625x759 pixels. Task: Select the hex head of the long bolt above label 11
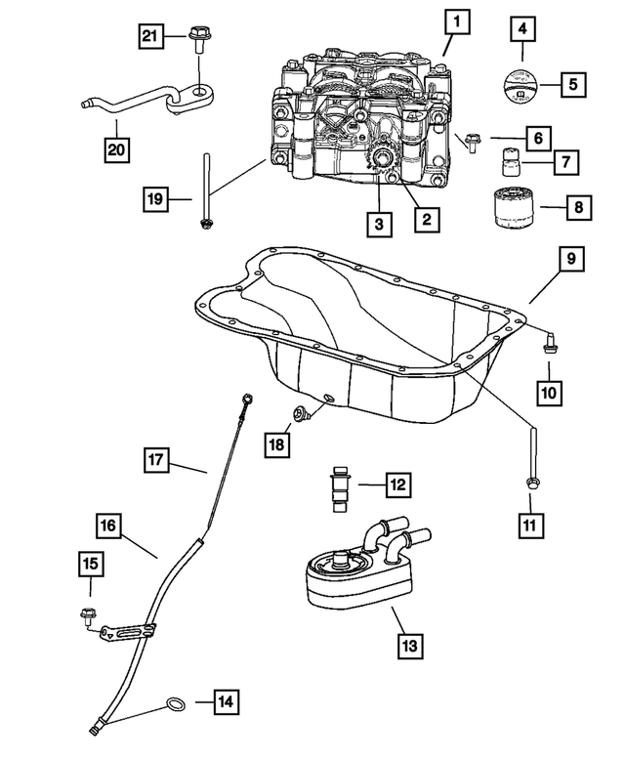533,482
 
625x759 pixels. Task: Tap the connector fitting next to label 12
340,485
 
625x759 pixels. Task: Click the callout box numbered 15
91,565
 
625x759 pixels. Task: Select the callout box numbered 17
157,457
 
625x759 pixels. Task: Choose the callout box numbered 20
118,149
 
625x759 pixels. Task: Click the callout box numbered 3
380,224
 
